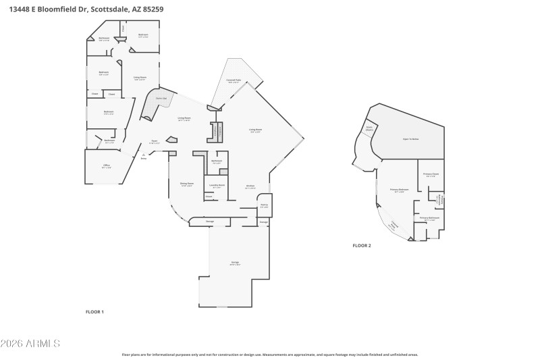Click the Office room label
pos(106,166)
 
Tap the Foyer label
pos(154,143)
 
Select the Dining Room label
pos(186,184)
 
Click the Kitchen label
pos(250,187)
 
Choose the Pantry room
pos(264,205)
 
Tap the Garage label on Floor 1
pos(235,263)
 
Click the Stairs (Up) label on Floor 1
pos(161,99)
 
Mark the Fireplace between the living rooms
pos(217,131)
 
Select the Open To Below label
pos(410,138)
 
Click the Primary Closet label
pos(431,175)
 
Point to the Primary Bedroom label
pos(400,190)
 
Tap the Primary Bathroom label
pos(430,218)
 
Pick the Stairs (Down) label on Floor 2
pos(370,128)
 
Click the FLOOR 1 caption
pos(94,312)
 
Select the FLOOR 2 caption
pos(362,246)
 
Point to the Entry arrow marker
pos(144,156)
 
